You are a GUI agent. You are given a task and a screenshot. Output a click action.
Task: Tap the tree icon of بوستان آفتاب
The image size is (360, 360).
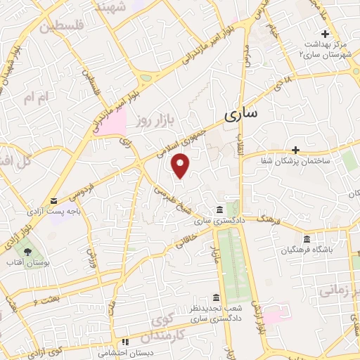click(27, 250)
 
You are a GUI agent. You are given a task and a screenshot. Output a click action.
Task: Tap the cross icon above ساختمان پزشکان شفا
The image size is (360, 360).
click(296, 150)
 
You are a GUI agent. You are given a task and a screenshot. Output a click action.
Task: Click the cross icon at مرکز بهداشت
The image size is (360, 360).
click(325, 34)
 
